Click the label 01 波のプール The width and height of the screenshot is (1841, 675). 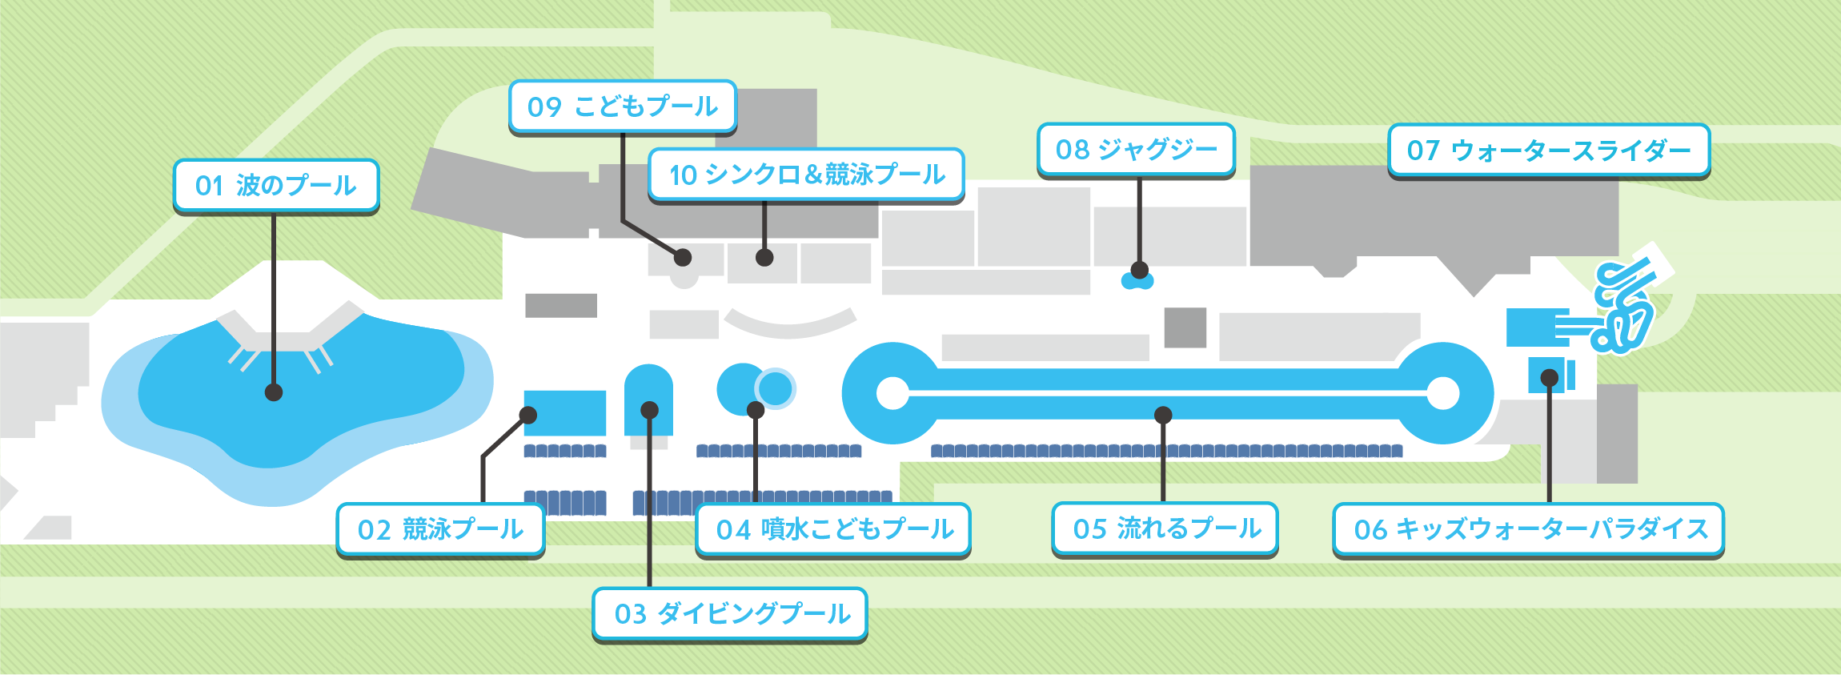pyautogui.click(x=276, y=186)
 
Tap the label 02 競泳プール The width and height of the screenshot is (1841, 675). pyautogui.click(x=440, y=529)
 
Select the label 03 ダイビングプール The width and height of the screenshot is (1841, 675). pyautogui.click(x=730, y=614)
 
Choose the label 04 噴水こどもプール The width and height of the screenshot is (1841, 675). pyautogui.click(x=833, y=529)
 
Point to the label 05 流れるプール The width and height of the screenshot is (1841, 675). pyautogui.click(x=1165, y=528)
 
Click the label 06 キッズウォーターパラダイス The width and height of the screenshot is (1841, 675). pyautogui.click(x=1528, y=529)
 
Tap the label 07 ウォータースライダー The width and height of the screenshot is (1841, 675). pyautogui.click(x=1549, y=151)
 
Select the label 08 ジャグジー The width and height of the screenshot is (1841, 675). pyautogui.click(x=1136, y=150)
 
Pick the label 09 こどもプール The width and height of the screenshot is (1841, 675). pyautogui.click(x=623, y=106)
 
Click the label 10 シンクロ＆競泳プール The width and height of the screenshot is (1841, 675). pyautogui.click(x=806, y=175)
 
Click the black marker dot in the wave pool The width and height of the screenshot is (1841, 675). pyautogui.click(x=274, y=392)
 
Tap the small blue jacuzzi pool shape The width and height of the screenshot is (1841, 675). pyautogui.click(x=1137, y=281)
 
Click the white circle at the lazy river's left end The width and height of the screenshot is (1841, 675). pyautogui.click(x=892, y=393)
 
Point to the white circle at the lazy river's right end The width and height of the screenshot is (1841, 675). pyautogui.click(x=1443, y=393)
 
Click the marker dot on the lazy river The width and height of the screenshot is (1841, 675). pyautogui.click(x=1163, y=415)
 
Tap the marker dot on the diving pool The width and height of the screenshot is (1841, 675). pyautogui.click(x=650, y=410)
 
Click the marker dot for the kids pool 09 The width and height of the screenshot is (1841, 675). pyautogui.click(x=683, y=257)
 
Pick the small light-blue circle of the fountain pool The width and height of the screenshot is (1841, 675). pyautogui.click(x=775, y=388)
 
